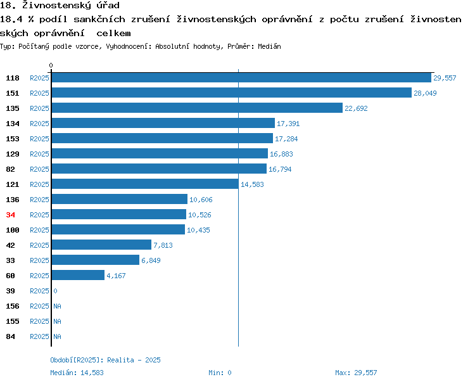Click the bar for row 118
click(x=241, y=78)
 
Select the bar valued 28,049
click(x=232, y=93)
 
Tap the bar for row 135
click(x=197, y=108)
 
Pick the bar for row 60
click(x=78, y=275)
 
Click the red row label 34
click(x=10, y=215)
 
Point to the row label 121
click(x=13, y=184)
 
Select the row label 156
click(x=13, y=306)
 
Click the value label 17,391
click(x=288, y=124)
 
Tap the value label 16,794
click(x=280, y=169)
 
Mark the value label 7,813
click(x=163, y=245)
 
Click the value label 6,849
click(x=151, y=260)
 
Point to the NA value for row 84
click(x=57, y=336)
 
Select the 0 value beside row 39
click(x=55, y=291)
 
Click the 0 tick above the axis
click(x=51, y=65)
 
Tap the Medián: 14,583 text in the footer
click(x=77, y=373)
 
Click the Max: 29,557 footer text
click(x=356, y=373)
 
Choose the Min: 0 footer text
click(x=220, y=373)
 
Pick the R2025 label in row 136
click(x=39, y=200)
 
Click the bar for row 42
click(x=101, y=245)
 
